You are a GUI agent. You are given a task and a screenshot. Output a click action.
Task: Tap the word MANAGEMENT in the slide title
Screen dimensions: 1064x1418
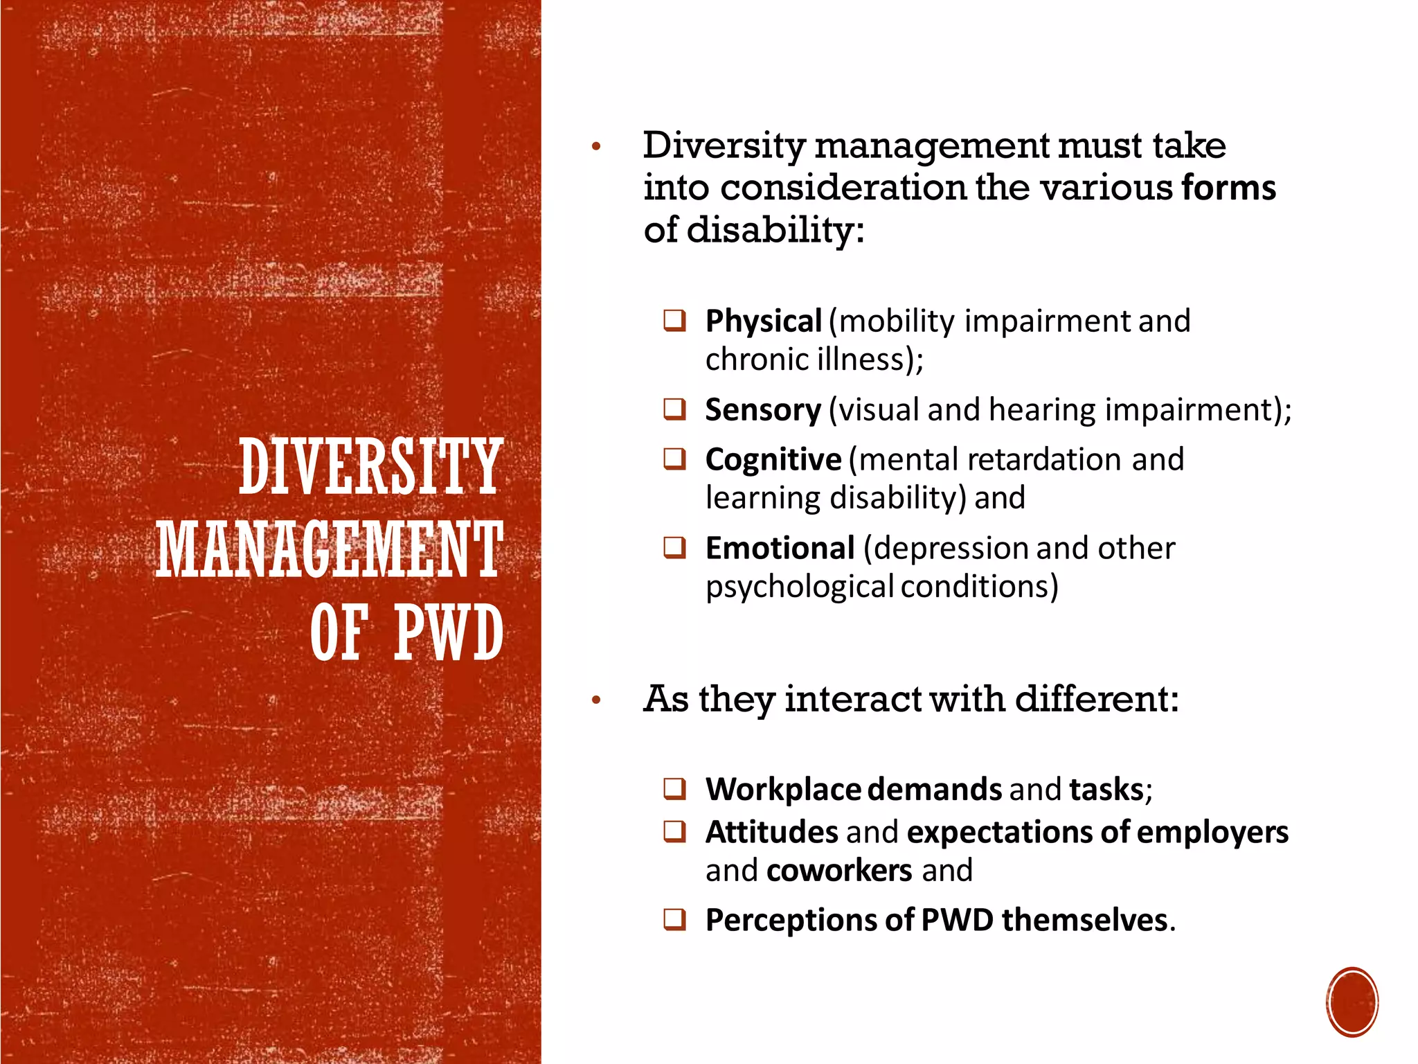point(330,550)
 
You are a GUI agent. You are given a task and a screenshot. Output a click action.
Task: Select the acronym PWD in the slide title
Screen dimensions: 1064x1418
point(449,632)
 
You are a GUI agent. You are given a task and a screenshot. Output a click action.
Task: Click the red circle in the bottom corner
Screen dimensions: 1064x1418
point(1352,1002)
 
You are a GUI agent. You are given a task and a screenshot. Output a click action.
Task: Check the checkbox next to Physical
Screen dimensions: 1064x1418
point(674,321)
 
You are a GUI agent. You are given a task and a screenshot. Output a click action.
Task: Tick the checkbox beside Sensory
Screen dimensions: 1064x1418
point(674,409)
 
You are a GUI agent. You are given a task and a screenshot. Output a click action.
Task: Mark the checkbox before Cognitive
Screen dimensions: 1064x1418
point(674,459)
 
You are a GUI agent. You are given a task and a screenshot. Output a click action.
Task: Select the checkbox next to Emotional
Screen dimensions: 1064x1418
point(674,547)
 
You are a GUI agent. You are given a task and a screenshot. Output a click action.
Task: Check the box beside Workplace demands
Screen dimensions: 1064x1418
point(674,789)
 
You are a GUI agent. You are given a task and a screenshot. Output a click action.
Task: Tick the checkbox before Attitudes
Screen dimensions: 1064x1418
point(674,831)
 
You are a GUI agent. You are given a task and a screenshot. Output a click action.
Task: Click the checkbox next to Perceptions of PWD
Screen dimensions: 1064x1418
point(674,919)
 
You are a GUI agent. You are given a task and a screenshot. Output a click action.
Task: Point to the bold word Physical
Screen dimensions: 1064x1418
point(763,321)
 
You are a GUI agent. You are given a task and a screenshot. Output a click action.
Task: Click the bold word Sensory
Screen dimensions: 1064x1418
point(763,410)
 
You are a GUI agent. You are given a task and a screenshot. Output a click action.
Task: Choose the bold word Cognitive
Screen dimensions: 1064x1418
point(773,459)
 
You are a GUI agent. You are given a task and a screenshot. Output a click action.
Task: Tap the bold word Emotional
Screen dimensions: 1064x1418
point(780,548)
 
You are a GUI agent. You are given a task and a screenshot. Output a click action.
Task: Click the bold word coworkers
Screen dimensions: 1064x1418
point(839,870)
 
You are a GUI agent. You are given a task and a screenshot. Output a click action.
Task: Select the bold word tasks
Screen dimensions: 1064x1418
point(1106,789)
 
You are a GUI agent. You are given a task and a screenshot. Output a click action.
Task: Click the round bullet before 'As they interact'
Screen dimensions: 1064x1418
point(596,700)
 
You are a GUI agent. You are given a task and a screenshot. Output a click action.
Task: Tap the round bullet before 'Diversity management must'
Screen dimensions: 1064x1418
point(596,147)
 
